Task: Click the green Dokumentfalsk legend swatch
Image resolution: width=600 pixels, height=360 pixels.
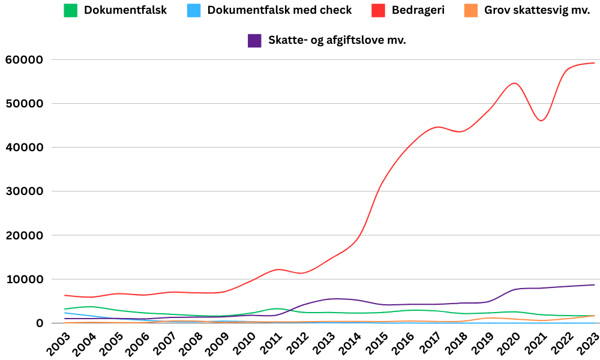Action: click(x=71, y=10)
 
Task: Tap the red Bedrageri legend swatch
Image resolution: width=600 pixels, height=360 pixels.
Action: click(x=378, y=10)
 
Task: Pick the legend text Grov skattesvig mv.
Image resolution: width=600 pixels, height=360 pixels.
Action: click(x=537, y=10)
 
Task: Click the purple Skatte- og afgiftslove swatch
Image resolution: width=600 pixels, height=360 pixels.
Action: click(x=254, y=40)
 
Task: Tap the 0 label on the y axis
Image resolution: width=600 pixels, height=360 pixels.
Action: click(x=40, y=323)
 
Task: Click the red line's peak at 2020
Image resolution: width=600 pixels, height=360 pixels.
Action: click(x=515, y=83)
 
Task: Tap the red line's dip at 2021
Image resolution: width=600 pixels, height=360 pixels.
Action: click(x=541, y=121)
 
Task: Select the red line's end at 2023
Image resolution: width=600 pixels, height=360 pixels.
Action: click(x=594, y=62)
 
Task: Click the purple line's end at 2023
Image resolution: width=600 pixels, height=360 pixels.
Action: click(x=594, y=285)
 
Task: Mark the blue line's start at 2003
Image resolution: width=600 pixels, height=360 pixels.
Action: click(x=65, y=313)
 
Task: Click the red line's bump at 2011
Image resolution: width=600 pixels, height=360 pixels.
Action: click(x=278, y=269)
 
